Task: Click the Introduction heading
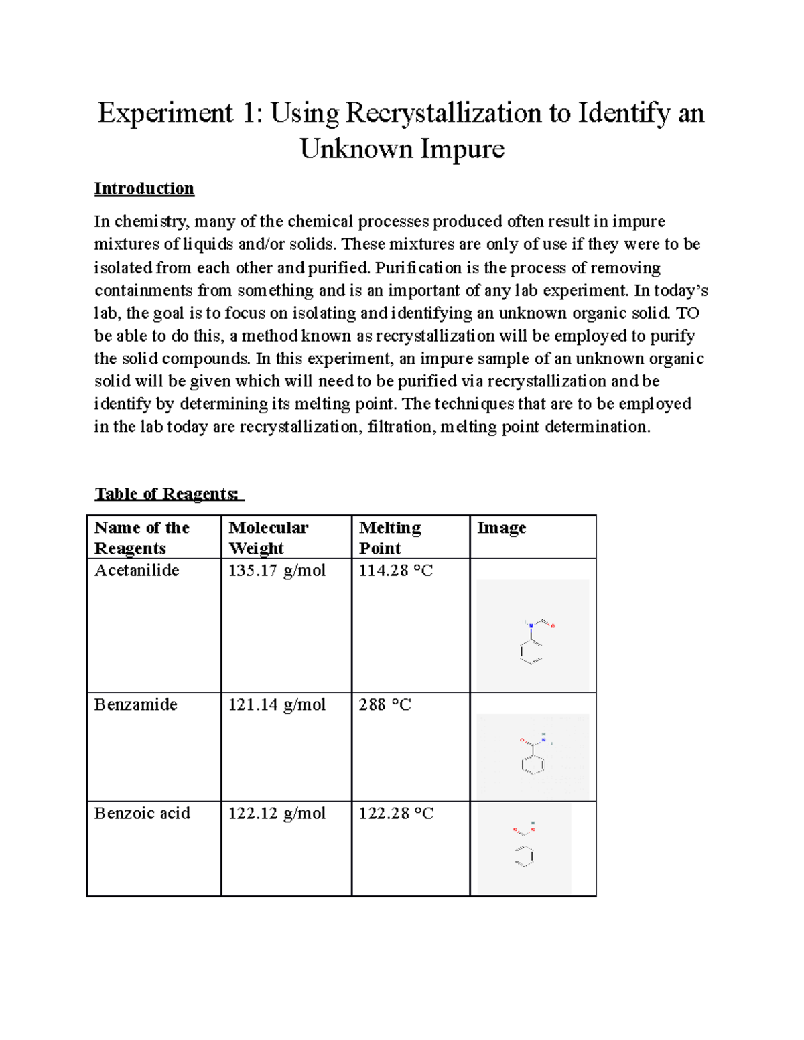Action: click(144, 188)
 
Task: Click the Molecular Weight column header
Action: click(268, 538)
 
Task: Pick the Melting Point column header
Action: click(390, 538)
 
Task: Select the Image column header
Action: click(501, 528)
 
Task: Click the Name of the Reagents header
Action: click(142, 538)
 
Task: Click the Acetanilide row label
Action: click(137, 570)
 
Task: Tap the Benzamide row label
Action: click(136, 704)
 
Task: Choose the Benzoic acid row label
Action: click(142, 813)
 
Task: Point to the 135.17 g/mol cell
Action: click(277, 570)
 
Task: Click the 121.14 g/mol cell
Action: click(277, 704)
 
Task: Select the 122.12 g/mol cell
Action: click(277, 813)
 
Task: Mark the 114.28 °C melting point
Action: click(396, 570)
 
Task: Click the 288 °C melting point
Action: click(385, 704)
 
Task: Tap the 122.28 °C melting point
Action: click(396, 813)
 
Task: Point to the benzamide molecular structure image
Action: click(533, 756)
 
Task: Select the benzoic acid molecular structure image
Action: click(524, 848)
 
